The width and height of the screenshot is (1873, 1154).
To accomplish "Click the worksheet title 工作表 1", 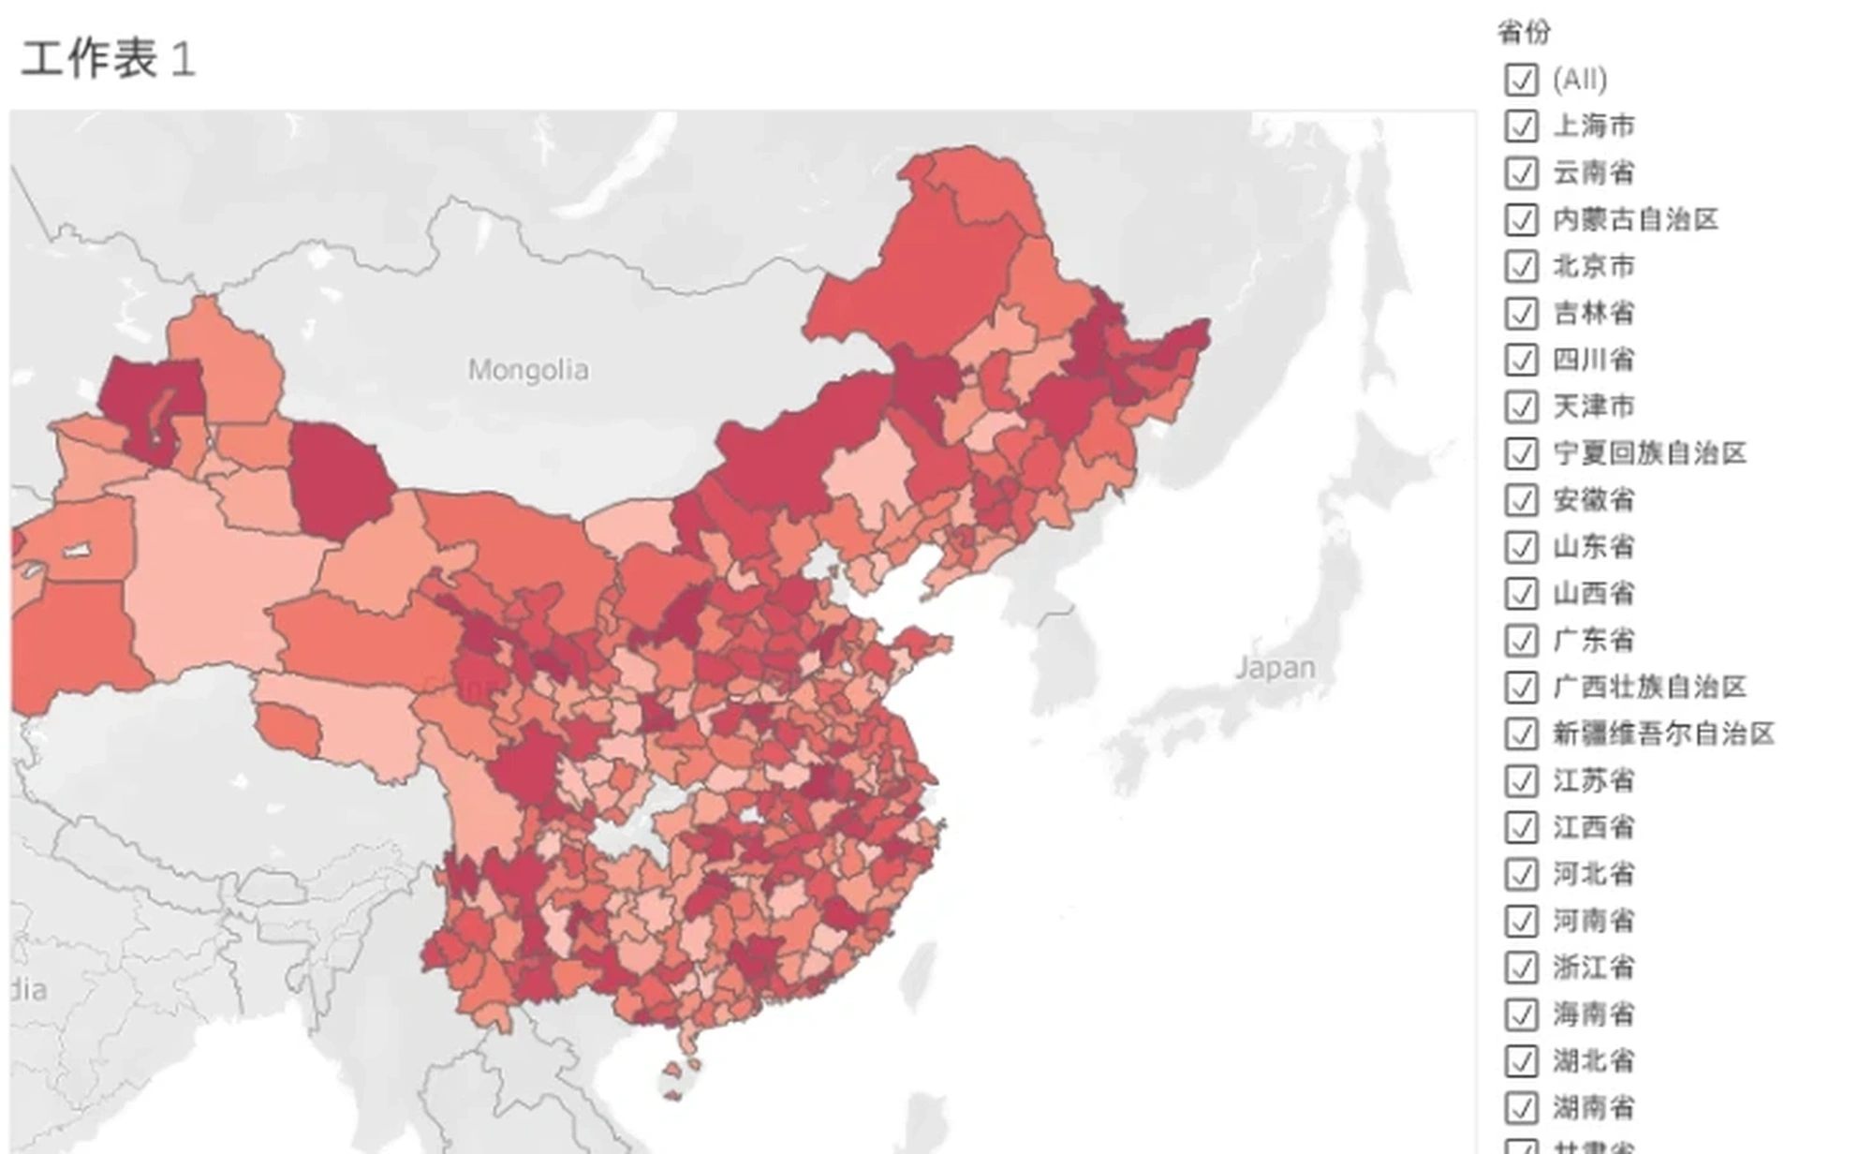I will pos(108,60).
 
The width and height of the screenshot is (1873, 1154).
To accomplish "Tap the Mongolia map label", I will pos(528,370).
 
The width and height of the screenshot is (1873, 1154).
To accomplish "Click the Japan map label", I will pos(1275,668).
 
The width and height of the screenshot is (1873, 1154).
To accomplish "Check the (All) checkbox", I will pos(1521,80).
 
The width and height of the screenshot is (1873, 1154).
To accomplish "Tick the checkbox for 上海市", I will pos(1521,126).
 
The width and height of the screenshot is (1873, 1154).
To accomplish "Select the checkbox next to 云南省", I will pos(1521,172).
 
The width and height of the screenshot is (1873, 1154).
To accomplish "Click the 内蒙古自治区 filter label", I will pos(1635,219).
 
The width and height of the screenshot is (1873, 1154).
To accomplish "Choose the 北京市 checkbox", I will pos(1521,266).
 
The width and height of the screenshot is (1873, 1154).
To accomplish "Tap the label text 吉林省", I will pos(1593,313).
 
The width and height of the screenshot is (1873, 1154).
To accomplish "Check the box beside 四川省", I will pos(1521,360).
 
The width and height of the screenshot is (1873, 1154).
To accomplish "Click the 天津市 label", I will pos(1593,407).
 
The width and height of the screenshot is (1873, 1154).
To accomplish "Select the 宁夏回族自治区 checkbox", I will pos(1521,453).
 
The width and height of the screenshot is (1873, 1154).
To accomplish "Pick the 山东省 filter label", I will pos(1593,547).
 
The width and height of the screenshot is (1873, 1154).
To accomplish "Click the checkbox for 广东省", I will pos(1521,641).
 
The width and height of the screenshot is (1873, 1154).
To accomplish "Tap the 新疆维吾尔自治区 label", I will pos(1663,733).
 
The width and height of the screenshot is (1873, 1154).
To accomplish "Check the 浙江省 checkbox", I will pos(1521,967).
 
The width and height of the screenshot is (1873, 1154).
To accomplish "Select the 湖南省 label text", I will pos(1593,1107).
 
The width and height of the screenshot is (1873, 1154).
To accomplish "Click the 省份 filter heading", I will pos(1524,33).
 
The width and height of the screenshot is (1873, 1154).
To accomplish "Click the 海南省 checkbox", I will pos(1521,1013).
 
